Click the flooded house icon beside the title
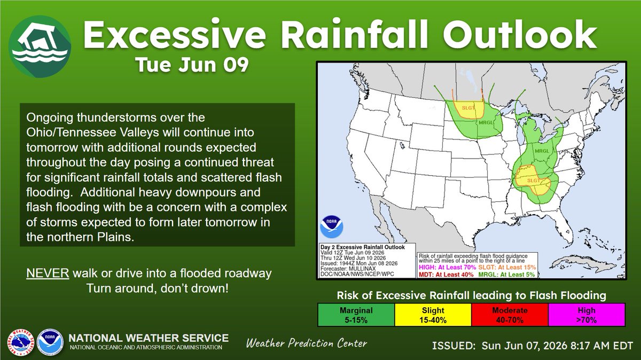[x=40, y=46]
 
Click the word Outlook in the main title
[x=520, y=35]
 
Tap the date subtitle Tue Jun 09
[x=192, y=65]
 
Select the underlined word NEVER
[x=48, y=273]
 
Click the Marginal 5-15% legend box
[x=356, y=315]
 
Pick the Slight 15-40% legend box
[x=433, y=315]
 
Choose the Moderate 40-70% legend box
[x=510, y=315]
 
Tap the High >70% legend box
[x=587, y=315]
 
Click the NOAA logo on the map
[x=331, y=226]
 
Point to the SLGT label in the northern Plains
[x=468, y=108]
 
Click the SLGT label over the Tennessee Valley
[x=534, y=181]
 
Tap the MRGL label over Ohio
[x=542, y=151]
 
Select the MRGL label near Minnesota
[x=486, y=122]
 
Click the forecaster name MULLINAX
[x=362, y=269]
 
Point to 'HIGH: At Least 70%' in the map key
[x=447, y=267]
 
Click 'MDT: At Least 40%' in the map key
[x=446, y=275]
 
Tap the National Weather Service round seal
[x=21, y=342]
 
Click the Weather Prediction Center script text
[x=307, y=343]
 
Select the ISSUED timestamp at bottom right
[x=532, y=346]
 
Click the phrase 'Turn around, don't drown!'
[x=158, y=288]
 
